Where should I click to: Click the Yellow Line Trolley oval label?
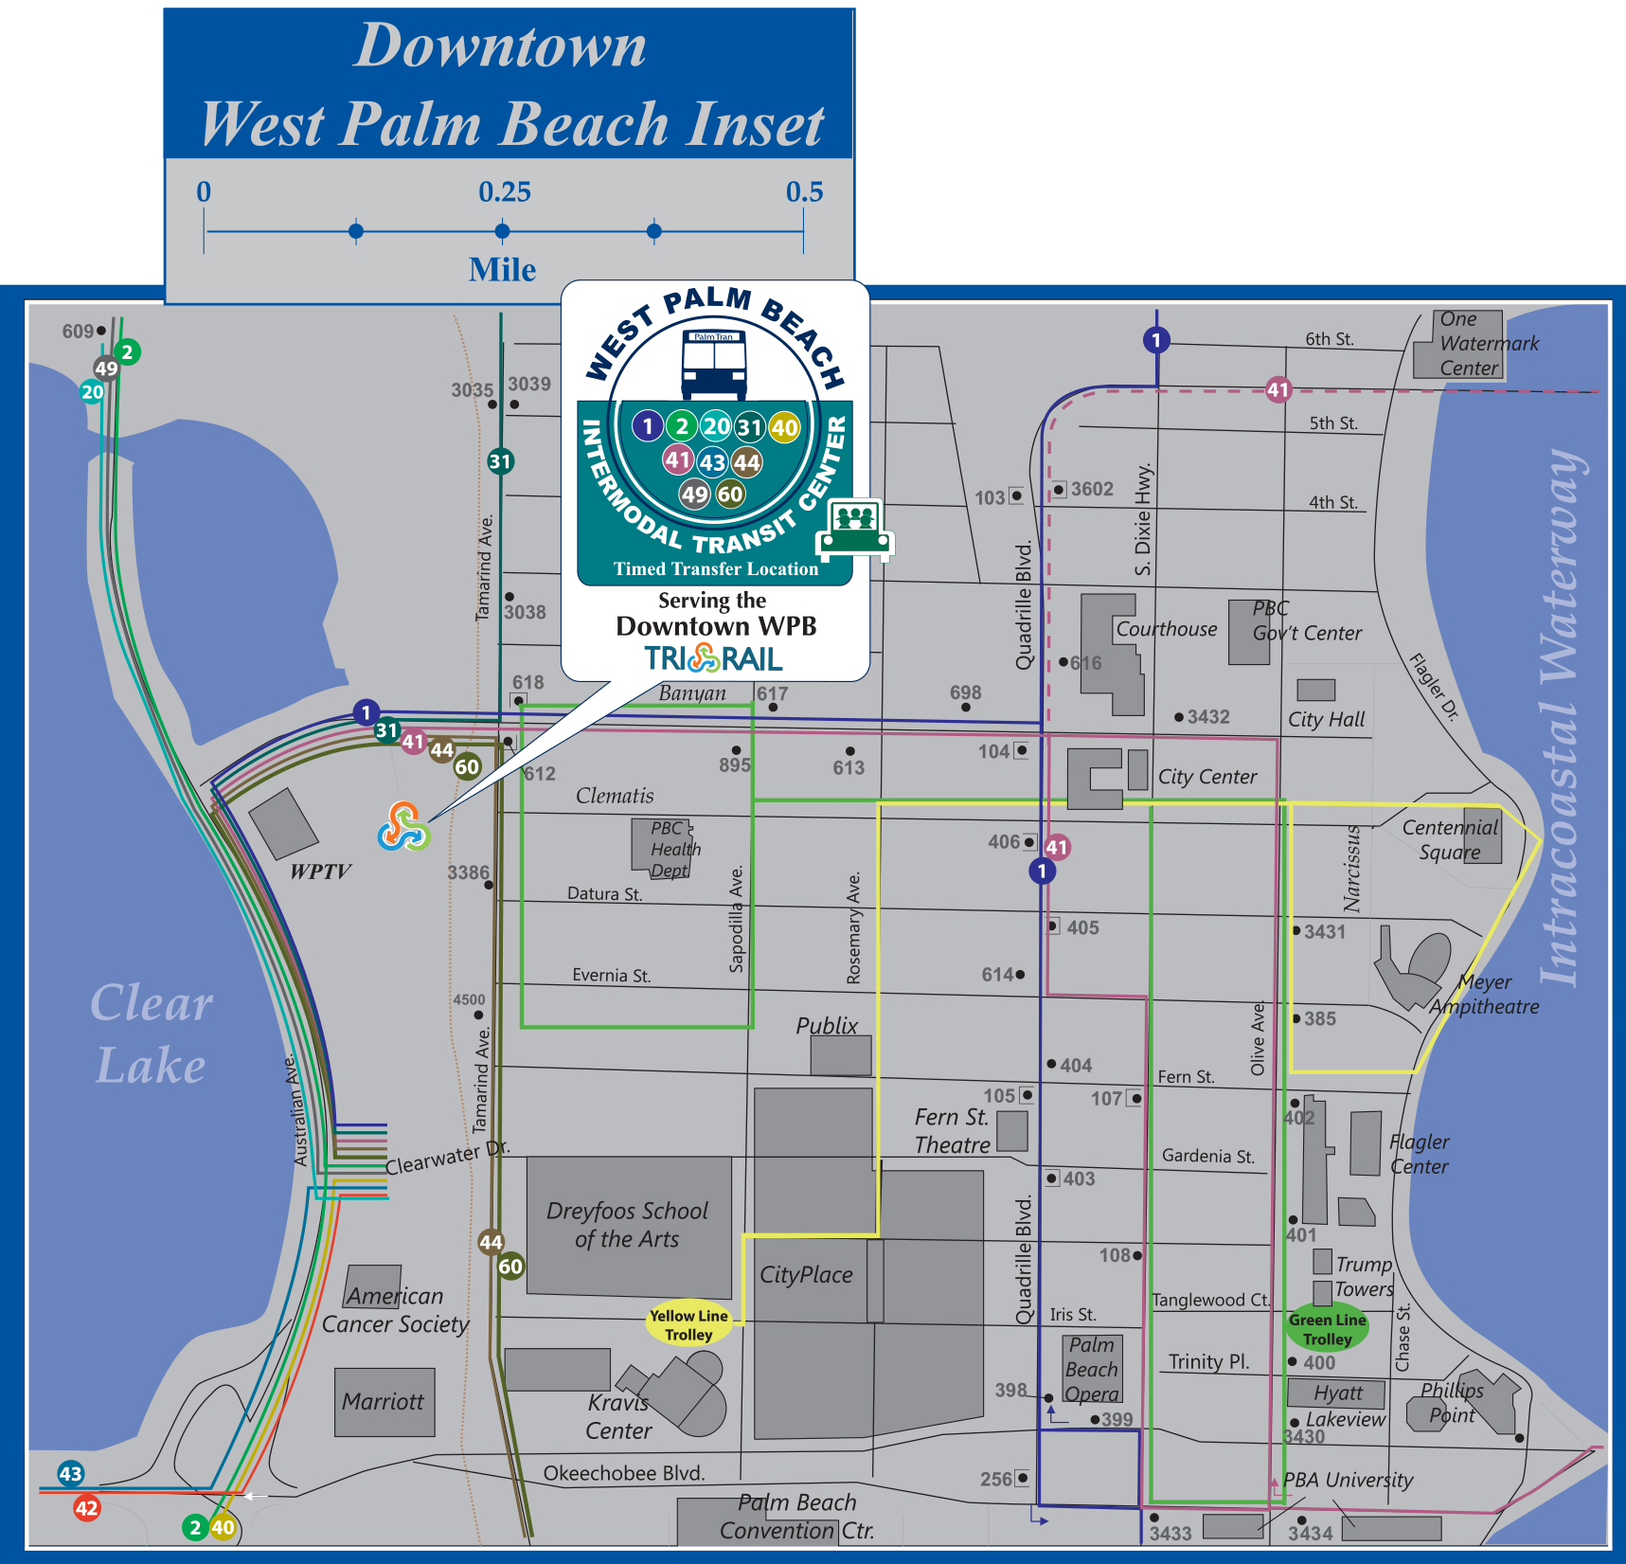point(688,1323)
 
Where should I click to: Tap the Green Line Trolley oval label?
point(1327,1328)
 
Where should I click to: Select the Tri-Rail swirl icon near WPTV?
point(404,827)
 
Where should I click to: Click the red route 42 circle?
point(86,1507)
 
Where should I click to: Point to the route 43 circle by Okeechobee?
point(71,1473)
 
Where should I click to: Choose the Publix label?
point(827,1025)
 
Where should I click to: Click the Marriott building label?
point(384,1401)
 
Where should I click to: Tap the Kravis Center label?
point(619,1416)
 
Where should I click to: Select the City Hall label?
point(1326,719)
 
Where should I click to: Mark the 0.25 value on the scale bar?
point(504,192)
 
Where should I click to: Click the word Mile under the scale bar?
point(502,270)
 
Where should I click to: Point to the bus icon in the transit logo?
point(714,363)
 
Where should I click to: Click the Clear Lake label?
point(152,1034)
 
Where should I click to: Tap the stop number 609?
point(78,331)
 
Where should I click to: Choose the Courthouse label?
point(1167,629)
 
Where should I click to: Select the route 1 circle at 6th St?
point(1156,339)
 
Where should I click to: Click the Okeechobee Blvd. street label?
point(624,1472)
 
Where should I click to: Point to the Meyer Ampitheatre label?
point(1484,994)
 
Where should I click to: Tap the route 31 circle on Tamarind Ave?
point(499,461)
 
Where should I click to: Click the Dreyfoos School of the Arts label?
point(627,1224)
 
